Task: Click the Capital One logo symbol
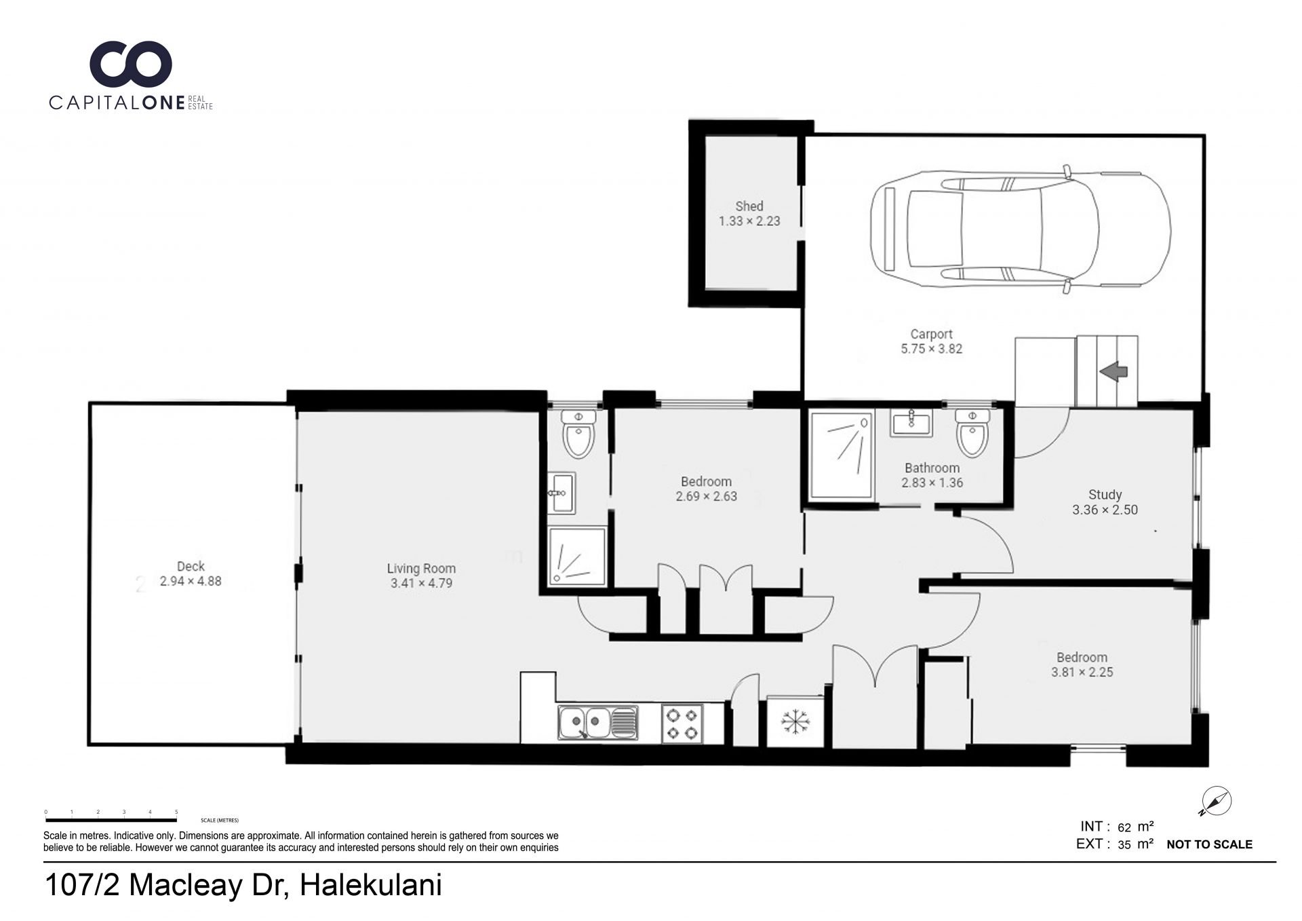[131, 64]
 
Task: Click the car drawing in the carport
[1021, 229]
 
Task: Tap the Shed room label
[749, 206]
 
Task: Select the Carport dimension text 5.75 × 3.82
[931, 349]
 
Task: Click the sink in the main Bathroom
[911, 423]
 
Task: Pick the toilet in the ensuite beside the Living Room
[578, 433]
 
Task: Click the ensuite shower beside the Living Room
[576, 557]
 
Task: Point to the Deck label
[191, 566]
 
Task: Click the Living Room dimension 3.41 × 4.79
[421, 583]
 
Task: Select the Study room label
[1105, 495]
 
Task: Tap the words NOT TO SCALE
[1209, 844]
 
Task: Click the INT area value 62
[1124, 827]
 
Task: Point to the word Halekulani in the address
[371, 885]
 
